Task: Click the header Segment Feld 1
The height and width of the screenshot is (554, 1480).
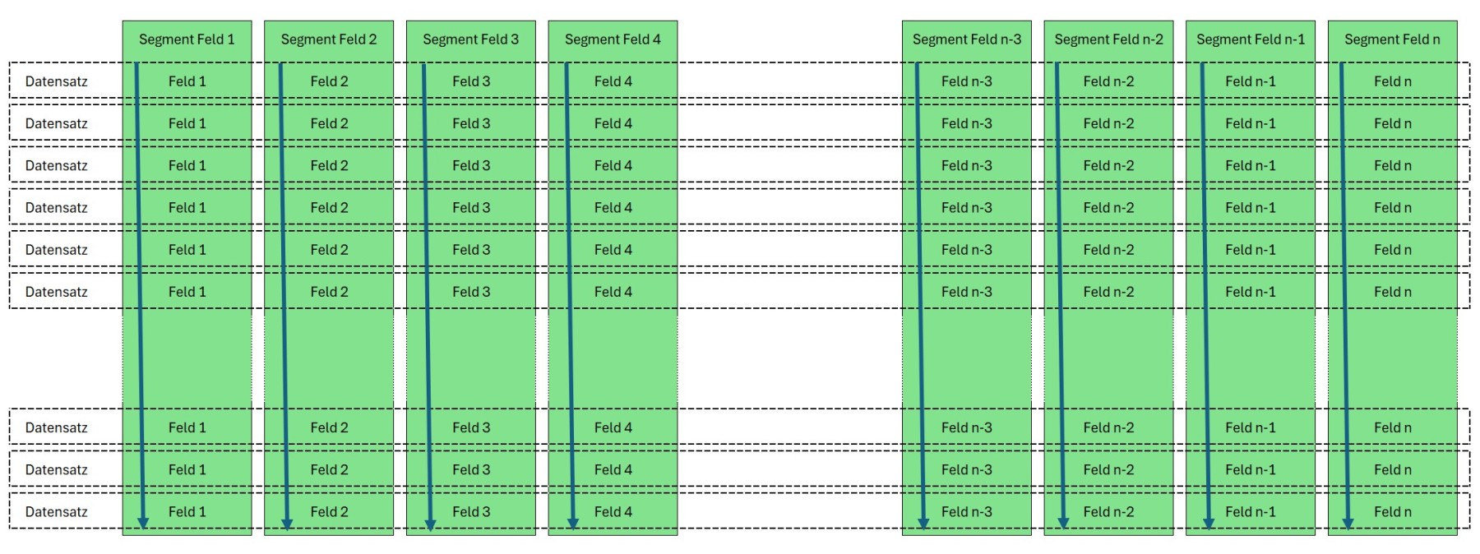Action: [187, 39]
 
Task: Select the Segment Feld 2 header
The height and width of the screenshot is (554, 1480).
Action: [329, 39]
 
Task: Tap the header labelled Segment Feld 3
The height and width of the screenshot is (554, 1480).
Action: [471, 39]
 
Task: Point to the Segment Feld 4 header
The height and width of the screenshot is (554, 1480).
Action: [613, 39]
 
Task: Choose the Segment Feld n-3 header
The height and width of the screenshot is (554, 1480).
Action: [967, 39]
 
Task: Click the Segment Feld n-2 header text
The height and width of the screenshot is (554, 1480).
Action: [1109, 39]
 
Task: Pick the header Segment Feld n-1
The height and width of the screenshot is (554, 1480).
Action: [1251, 39]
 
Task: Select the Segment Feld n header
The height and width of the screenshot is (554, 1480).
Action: [1393, 39]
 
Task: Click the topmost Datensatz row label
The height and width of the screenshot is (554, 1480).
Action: [56, 81]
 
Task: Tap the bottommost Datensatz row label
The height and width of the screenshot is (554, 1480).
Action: [56, 512]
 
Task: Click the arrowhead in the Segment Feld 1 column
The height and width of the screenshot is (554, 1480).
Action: [143, 523]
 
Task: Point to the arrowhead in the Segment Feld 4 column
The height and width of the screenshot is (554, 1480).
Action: [573, 523]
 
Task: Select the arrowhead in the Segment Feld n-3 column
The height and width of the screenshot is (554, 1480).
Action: [923, 523]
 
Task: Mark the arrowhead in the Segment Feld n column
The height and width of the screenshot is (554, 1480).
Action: [1348, 523]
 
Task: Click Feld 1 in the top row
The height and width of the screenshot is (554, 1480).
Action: [187, 81]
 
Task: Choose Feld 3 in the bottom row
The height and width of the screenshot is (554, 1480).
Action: [471, 512]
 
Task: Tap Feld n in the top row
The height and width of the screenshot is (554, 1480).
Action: [1393, 81]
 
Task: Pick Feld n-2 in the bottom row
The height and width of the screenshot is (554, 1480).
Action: [1109, 512]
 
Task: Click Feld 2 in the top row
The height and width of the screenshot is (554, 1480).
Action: [329, 81]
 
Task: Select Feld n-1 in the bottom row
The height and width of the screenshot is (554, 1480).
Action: [1251, 512]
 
